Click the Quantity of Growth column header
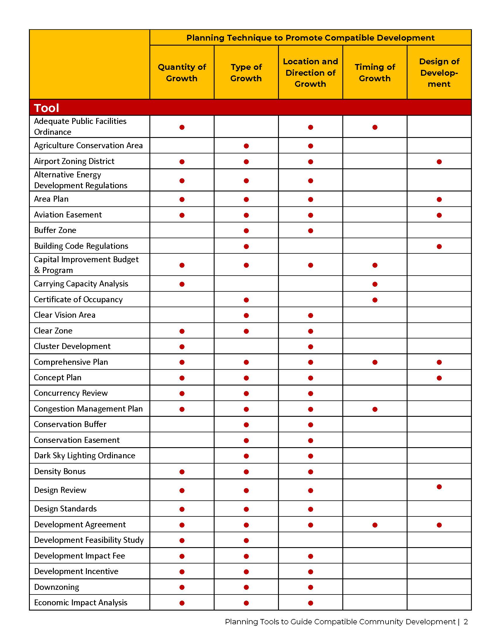[x=182, y=72]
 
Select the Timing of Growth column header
[x=375, y=72]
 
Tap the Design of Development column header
[x=439, y=72]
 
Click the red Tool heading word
[x=46, y=108]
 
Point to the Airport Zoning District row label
[x=74, y=161]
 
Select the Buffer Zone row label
[x=55, y=230]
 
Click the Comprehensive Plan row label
[x=71, y=362]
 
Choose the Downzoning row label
[x=56, y=587]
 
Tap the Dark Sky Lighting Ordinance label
[x=84, y=455]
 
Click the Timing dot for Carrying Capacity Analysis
[x=375, y=284]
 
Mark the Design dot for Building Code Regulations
[x=439, y=246]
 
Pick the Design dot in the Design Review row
[x=439, y=487]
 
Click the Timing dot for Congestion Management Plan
[x=375, y=409]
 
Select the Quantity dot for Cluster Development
[x=182, y=347]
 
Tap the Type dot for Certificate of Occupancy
[x=246, y=300]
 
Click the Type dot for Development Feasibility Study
[x=246, y=540]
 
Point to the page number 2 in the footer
[x=465, y=621]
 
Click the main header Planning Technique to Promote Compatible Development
[x=310, y=38]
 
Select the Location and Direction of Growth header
[x=310, y=72]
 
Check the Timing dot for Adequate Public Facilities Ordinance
[x=375, y=127]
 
